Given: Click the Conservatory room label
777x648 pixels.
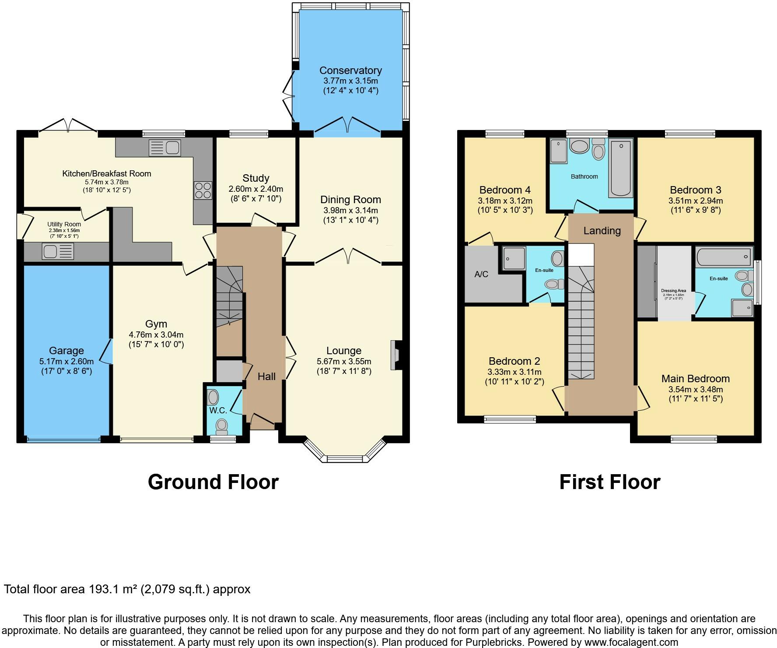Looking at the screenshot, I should [x=350, y=70].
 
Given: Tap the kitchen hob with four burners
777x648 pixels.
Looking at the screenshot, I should [x=203, y=190].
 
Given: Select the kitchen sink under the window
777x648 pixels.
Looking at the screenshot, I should [x=164, y=148].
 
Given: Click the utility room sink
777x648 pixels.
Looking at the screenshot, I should [x=58, y=251].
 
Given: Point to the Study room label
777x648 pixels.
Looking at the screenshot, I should [x=255, y=178].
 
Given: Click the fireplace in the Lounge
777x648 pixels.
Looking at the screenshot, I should [x=395, y=355].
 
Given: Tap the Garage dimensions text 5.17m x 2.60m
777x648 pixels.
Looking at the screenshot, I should [x=66, y=362].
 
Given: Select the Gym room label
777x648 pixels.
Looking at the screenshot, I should [x=156, y=324].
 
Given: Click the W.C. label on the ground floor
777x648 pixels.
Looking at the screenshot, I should [x=218, y=410].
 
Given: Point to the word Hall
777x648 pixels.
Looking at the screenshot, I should [x=266, y=377].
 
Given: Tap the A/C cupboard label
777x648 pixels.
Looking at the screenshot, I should [x=481, y=275].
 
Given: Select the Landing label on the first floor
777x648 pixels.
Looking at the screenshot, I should [x=602, y=231].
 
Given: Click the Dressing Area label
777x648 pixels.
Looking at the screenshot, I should [x=673, y=290].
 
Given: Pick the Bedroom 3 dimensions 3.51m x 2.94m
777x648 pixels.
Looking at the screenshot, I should [x=695, y=201].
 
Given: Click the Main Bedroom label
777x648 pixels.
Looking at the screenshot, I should [x=695, y=379].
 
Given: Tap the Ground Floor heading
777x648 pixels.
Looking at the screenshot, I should [x=213, y=482].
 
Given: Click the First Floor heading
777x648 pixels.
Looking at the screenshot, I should [x=609, y=482].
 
